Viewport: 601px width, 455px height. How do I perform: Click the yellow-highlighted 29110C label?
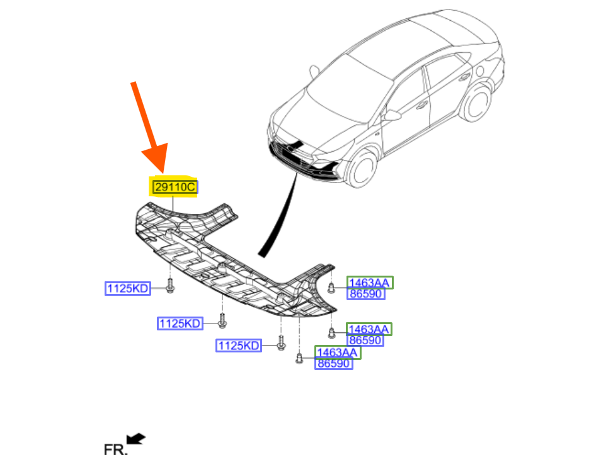(175, 187)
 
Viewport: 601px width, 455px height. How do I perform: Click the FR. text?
(116, 447)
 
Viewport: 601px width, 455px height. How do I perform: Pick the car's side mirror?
(392, 115)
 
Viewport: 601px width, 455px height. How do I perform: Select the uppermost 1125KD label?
(128, 289)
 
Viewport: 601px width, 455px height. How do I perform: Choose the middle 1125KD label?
(180, 323)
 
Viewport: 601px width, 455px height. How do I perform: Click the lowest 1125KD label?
(239, 345)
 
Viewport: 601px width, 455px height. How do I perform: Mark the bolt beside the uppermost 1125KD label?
(170, 288)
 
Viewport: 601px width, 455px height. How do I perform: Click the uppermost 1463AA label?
(369, 283)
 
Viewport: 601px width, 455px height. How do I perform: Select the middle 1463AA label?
(369, 329)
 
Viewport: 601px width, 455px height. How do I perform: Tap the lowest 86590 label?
(334, 363)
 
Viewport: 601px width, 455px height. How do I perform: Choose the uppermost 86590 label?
(365, 294)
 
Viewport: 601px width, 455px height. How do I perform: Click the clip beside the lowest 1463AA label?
(300, 359)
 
